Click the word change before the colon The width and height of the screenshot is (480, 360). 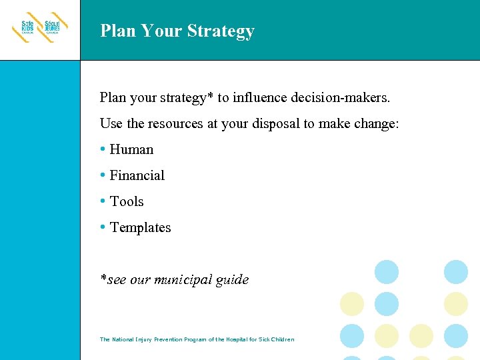click(375, 123)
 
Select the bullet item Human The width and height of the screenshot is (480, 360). click(131, 149)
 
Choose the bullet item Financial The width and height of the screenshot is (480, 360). click(137, 175)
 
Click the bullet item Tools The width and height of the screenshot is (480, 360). click(127, 201)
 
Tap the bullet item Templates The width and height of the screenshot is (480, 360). click(140, 227)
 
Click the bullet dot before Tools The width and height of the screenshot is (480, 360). click(103, 201)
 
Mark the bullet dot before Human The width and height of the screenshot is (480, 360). click(103, 149)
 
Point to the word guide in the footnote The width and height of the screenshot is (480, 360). click(232, 280)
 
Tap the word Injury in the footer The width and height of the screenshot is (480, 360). click(143, 339)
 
